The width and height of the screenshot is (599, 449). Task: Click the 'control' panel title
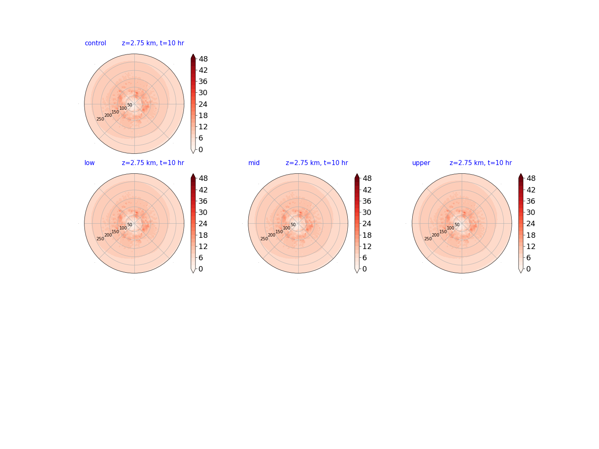[x=95, y=43]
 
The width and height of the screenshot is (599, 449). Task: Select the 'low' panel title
[x=89, y=163]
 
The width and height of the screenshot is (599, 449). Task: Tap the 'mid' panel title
[x=254, y=163]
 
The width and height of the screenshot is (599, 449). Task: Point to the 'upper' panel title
[x=421, y=163]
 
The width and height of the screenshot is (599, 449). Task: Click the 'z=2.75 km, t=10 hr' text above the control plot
[x=153, y=43]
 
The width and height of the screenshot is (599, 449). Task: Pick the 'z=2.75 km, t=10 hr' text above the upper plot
[x=480, y=163]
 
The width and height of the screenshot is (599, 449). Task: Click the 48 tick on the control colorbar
[x=203, y=59]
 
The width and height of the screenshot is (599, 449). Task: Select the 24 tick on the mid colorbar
[x=367, y=224]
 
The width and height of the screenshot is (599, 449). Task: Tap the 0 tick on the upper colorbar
[x=528, y=269]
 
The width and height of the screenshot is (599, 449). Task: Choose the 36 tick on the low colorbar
[x=203, y=201]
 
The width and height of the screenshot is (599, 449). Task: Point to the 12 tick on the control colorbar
[x=203, y=127]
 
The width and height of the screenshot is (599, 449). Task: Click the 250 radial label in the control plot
[x=100, y=119]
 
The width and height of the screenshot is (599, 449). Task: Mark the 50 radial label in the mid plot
[x=293, y=224]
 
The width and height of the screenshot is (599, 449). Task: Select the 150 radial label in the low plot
[x=115, y=232]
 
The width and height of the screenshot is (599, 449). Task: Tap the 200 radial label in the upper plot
[x=436, y=235]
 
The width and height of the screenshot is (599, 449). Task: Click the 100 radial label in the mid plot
[x=287, y=228]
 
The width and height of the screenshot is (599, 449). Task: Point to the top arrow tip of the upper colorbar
[x=521, y=174]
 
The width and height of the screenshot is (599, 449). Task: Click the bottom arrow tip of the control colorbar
[x=193, y=153]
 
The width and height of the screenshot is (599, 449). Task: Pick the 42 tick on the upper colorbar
[x=531, y=190]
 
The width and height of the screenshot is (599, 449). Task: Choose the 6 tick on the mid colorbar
[x=364, y=258]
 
